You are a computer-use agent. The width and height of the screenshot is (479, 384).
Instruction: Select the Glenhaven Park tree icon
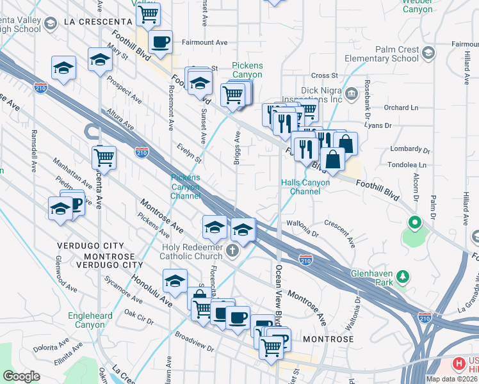403,276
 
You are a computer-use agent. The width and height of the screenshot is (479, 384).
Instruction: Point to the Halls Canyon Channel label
305,187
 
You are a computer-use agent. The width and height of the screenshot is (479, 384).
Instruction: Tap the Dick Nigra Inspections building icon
352,95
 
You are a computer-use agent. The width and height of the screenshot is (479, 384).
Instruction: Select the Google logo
21,376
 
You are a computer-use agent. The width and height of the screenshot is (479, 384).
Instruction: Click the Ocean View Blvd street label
278,294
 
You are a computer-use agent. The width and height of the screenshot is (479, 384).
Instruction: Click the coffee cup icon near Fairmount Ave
160,42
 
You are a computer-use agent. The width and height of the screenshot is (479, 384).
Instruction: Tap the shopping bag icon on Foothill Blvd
334,158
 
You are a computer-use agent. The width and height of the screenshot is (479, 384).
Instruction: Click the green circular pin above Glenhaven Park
414,223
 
